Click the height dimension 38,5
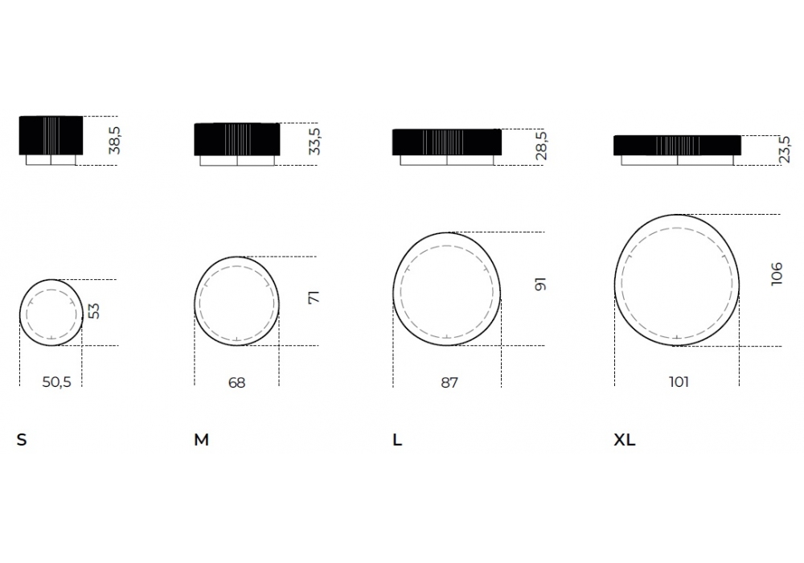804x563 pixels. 114,141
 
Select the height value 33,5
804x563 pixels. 314,141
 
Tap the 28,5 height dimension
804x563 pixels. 541,146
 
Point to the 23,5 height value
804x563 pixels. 784,150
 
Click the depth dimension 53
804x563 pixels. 94,311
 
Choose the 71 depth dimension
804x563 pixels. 314,298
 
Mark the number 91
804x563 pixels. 540,285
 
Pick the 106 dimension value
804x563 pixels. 777,273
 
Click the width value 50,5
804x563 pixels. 56,382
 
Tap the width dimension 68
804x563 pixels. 237,383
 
